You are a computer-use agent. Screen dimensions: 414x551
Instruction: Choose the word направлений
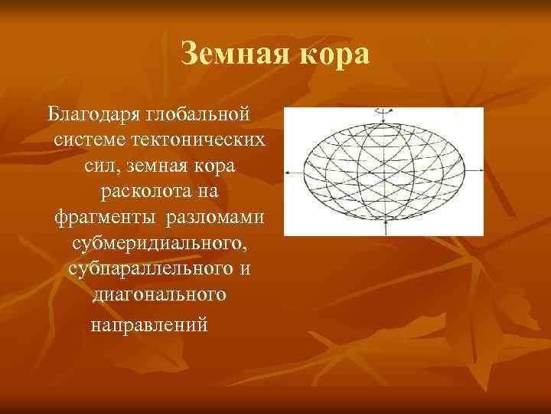pyautogui.click(x=149, y=323)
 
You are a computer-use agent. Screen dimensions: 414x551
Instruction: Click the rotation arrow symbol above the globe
pyautogui.click(x=383, y=111)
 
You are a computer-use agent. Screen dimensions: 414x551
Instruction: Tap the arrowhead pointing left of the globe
pyautogui.click(x=287, y=171)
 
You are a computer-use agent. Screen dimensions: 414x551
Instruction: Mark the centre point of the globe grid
pyautogui.click(x=383, y=171)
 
